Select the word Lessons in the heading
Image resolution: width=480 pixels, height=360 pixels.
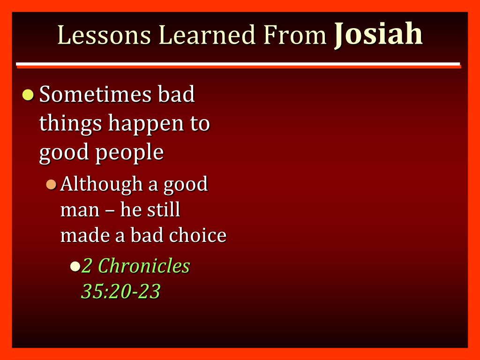104,35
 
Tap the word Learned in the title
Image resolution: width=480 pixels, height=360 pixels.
207,35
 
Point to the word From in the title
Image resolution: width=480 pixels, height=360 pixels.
295,35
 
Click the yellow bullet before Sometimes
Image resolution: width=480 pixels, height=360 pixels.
28,95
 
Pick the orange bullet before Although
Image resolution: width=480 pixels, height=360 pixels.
51,185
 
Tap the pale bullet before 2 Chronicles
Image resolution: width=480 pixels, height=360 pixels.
75,266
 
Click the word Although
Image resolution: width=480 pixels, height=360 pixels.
101,185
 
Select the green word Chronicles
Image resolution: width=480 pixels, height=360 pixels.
144,265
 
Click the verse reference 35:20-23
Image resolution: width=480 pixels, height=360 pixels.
120,291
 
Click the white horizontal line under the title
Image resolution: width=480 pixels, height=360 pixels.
238,64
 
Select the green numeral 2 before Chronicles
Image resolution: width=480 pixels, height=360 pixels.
86,266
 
